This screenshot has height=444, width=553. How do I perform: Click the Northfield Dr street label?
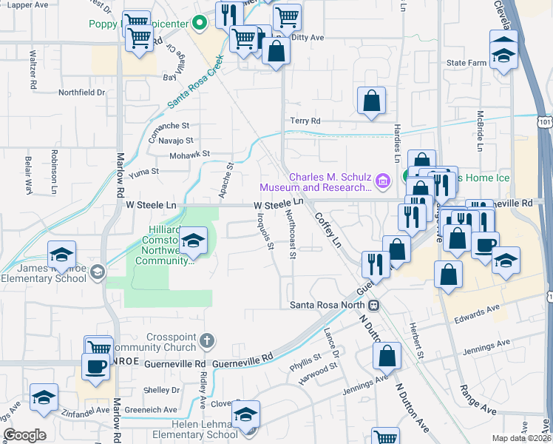coord(82,92)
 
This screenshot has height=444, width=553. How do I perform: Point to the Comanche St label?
coord(169,127)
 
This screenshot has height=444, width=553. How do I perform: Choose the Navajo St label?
coord(175,140)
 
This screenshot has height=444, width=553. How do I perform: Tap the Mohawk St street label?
coord(191,154)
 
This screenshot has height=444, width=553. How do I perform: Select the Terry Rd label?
coord(305,121)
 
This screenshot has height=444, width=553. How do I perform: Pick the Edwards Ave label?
coord(473,314)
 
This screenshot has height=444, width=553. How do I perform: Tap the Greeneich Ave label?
coord(155,409)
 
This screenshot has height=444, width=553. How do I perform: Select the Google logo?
coord(24,435)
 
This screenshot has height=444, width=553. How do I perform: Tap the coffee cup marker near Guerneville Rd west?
coord(95,366)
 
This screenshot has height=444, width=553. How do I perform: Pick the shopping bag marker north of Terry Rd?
coord(371,101)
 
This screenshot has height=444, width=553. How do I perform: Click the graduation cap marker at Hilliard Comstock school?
coord(194,240)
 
